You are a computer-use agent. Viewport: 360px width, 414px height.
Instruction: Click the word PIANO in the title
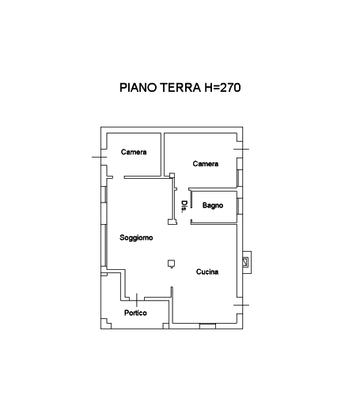pos(138,88)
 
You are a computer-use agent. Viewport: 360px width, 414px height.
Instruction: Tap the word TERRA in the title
pos(180,88)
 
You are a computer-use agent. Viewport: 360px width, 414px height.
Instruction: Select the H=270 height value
pos(222,88)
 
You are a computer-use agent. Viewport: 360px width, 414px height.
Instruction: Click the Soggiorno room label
pos(136,237)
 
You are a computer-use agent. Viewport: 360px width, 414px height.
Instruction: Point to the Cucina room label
pos(207,272)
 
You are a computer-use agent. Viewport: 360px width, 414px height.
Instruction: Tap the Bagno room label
pos(213,205)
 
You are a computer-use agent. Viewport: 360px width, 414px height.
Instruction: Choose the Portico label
pos(135,313)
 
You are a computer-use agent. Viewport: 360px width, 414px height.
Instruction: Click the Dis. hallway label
pos(184,207)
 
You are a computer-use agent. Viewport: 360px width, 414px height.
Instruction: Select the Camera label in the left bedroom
pos(134,152)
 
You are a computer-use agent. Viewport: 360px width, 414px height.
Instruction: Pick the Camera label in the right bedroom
pos(206,164)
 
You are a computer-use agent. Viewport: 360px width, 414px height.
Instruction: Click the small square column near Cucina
pos(171,264)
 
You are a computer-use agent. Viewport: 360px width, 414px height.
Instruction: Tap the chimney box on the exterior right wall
pos(247,262)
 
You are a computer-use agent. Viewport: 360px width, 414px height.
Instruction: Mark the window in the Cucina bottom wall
pos(207,326)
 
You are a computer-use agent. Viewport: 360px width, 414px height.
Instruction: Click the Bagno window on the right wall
pos(240,206)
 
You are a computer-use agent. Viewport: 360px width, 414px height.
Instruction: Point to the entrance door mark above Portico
pos(137,300)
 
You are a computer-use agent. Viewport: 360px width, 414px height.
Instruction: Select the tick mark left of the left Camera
pos(99,157)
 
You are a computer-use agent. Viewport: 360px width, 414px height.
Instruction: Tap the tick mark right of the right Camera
pos(241,149)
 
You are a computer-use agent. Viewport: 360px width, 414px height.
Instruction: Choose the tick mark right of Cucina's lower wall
pos(241,305)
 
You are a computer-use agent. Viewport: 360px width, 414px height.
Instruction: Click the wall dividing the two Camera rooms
pos(162,154)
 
